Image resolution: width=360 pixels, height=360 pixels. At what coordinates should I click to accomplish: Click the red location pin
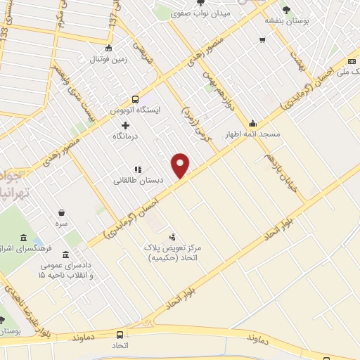point(181,165)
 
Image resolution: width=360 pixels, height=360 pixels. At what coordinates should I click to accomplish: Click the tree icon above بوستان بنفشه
point(286,9)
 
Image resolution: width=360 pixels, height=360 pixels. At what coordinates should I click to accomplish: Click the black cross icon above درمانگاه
point(125,124)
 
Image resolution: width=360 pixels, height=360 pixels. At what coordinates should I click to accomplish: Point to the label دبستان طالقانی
point(139,180)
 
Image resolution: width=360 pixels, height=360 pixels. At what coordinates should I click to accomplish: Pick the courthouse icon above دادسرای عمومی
point(66,255)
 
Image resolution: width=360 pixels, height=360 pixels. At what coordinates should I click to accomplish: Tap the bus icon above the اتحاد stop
point(120,335)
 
